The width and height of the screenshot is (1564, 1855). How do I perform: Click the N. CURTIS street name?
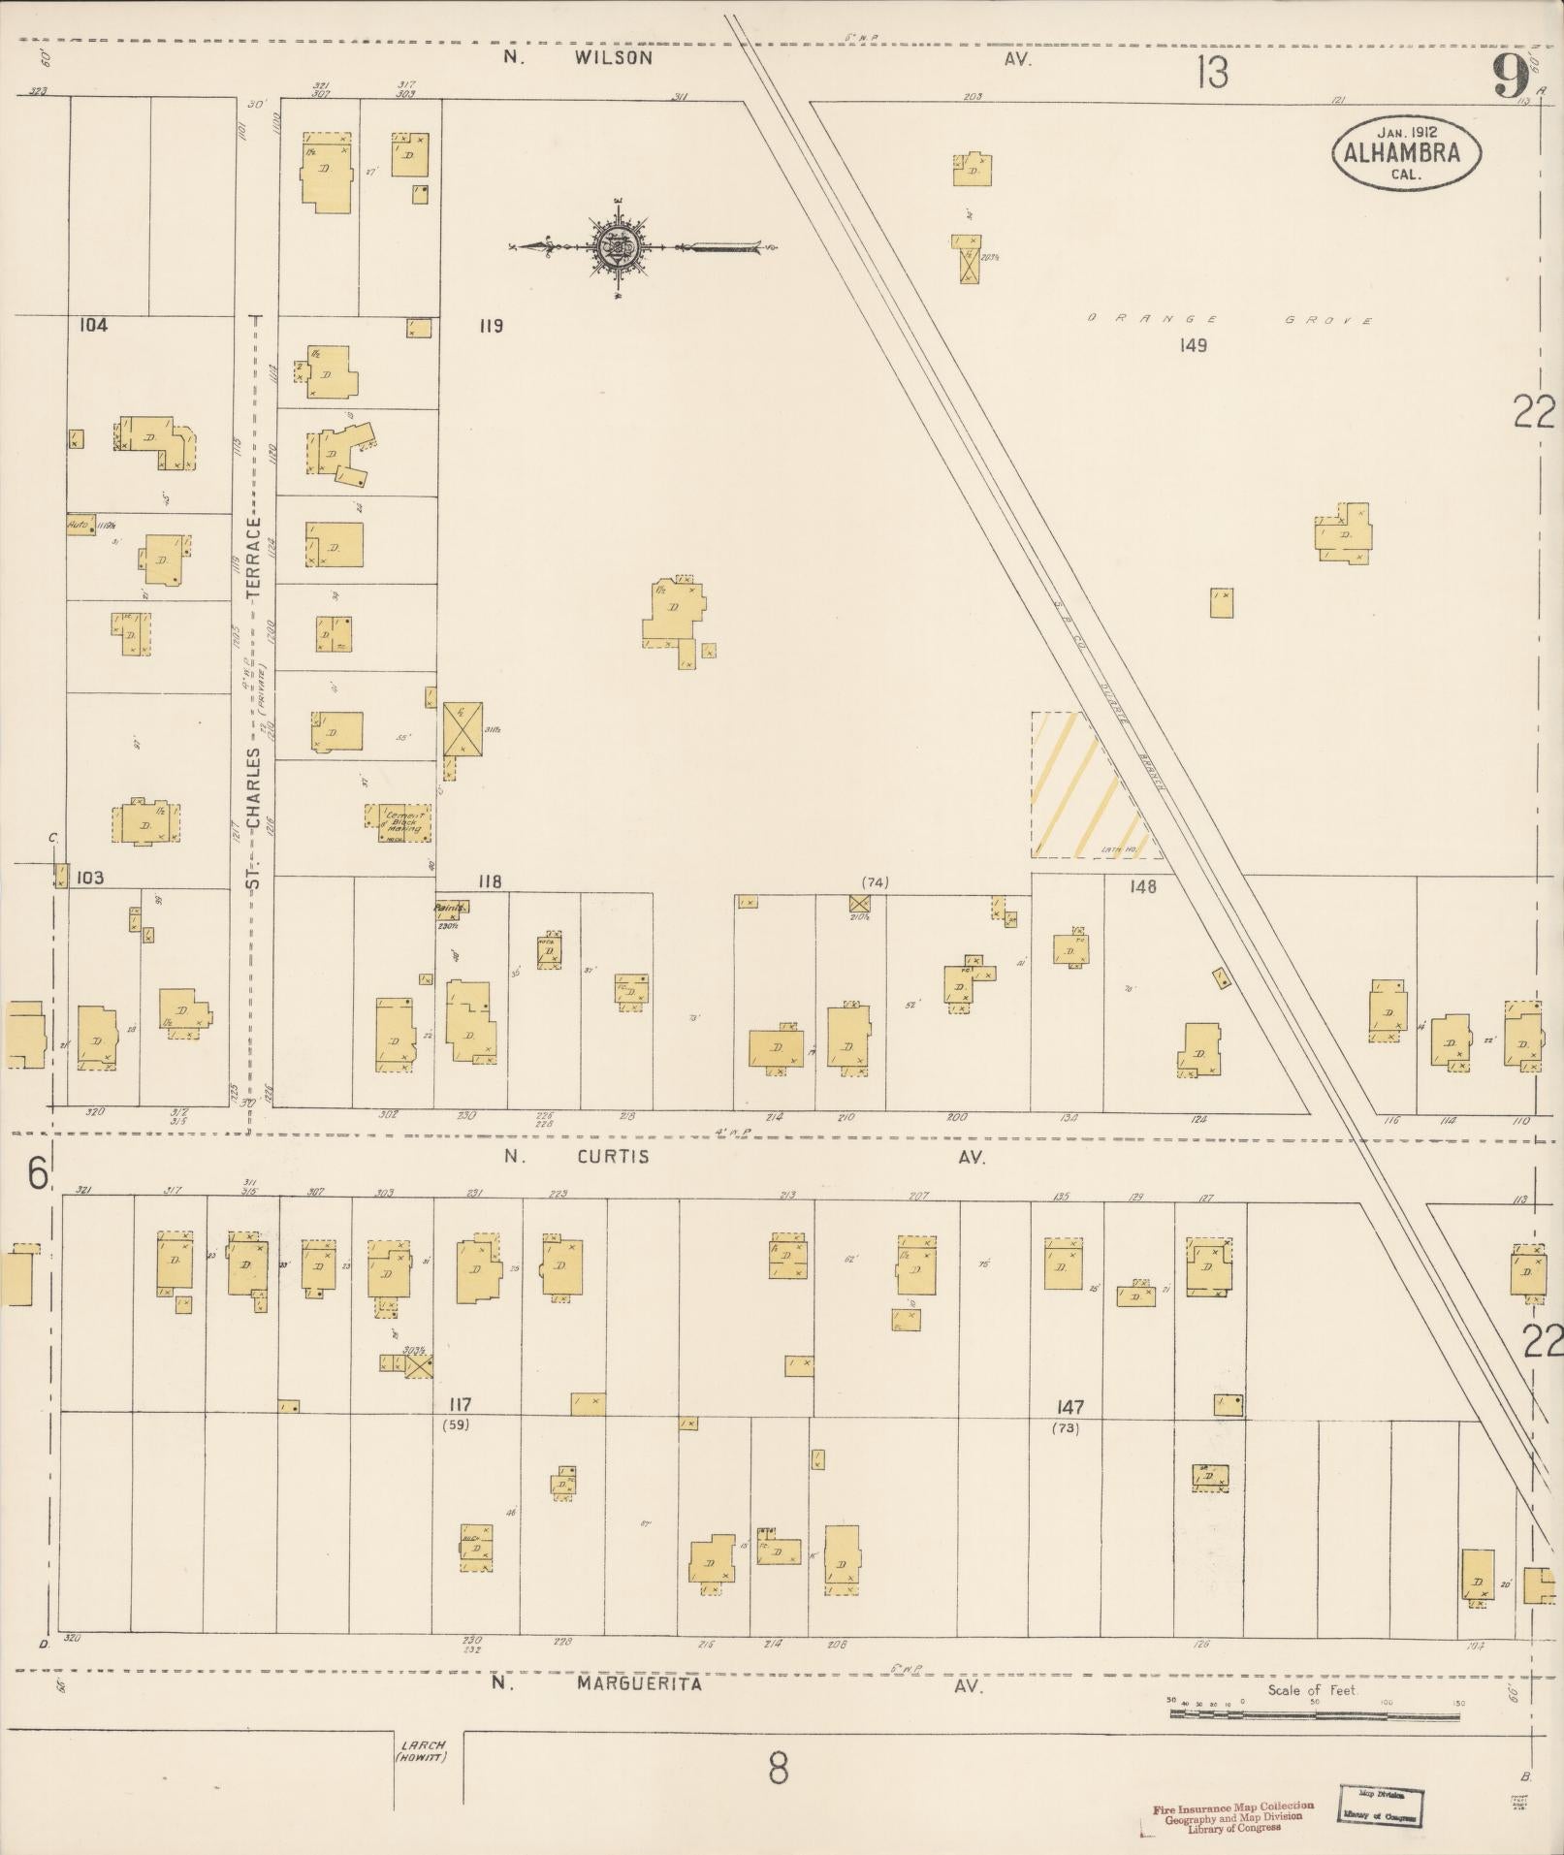coord(576,1157)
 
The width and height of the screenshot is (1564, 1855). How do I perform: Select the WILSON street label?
coord(613,58)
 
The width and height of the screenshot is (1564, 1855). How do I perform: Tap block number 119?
coord(491,326)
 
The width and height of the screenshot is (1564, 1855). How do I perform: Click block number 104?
coord(93,325)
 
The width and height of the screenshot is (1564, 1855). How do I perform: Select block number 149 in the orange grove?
coord(1194,345)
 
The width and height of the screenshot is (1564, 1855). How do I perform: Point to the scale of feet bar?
coord(1314,1714)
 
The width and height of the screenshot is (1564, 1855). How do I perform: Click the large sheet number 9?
coord(1510,76)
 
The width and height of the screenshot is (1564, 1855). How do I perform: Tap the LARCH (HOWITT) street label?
coord(421,1751)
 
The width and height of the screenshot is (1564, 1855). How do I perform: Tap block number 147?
coord(1070,1407)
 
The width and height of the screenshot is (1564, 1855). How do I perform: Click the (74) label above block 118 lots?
coord(875,882)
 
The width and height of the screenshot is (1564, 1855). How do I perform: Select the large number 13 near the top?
coord(1212,73)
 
